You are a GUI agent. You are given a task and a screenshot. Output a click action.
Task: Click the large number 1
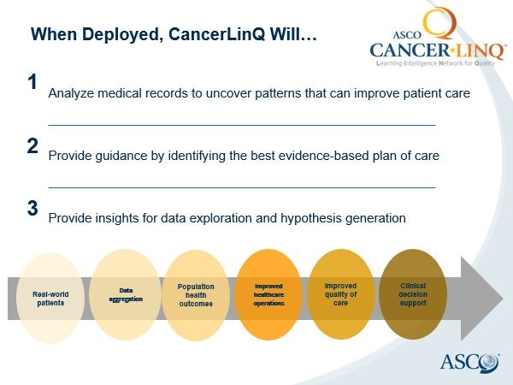pos(32,83)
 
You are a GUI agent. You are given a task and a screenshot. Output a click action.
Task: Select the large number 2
pos(32,146)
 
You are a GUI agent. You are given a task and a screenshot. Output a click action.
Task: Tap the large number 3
pos(32,208)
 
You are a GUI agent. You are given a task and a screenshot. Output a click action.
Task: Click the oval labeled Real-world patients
pos(50,299)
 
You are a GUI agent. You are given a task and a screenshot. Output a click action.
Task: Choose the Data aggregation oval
pos(126,294)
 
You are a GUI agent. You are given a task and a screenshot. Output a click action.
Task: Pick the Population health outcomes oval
pos(196,295)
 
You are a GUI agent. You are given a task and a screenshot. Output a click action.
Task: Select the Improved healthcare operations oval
pos(268,295)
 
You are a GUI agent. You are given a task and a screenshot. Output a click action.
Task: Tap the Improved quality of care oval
pos(340,295)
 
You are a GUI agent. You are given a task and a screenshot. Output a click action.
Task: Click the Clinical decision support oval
pos(413,295)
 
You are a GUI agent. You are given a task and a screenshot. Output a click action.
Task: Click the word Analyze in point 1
pos(72,92)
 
